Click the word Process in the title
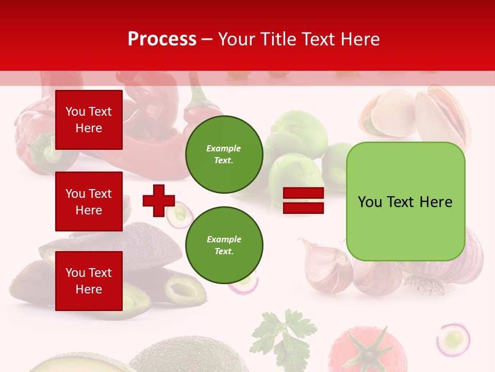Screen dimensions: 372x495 pos(162,39)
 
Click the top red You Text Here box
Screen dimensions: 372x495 pos(89,120)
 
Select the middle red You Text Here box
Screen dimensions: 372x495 pos(89,202)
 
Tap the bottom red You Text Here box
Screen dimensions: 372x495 pos(89,281)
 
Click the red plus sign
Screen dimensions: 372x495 pos(158,200)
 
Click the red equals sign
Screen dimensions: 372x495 pos(303,200)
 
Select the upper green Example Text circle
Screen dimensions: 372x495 pos(224,154)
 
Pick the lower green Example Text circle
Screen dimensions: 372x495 pos(224,245)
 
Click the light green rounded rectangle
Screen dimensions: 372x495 pos(405,202)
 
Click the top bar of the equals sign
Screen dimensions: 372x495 pos(303,193)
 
